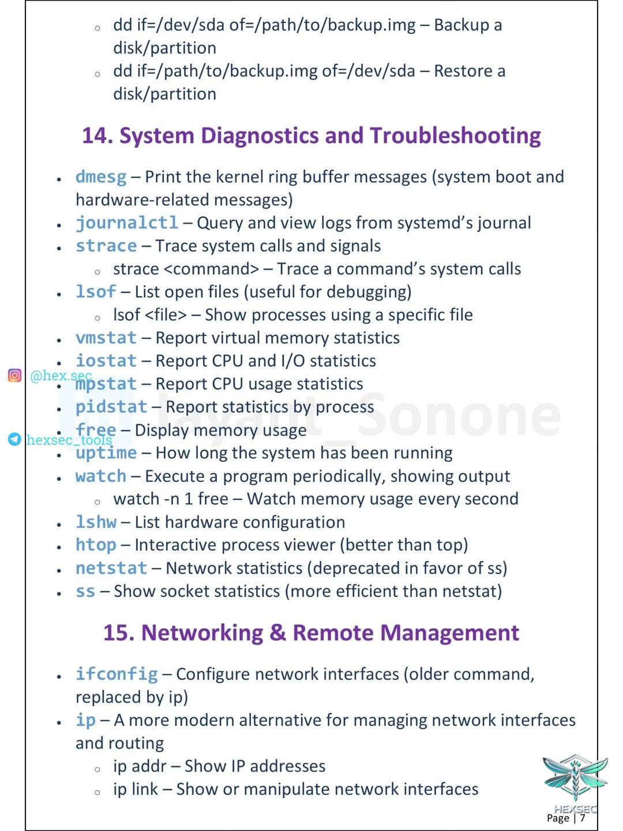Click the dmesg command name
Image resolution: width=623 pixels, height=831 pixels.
point(101,177)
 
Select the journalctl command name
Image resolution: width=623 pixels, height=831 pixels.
point(127,223)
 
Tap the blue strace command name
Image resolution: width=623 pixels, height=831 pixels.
point(106,246)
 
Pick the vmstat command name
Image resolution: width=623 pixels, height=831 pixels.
point(106,338)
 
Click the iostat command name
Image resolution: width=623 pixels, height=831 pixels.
point(106,361)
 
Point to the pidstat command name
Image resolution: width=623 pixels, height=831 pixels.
point(111,407)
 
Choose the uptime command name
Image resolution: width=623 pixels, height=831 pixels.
point(106,453)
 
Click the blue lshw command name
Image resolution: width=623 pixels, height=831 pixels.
point(96,522)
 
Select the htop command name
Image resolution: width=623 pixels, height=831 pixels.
point(96,545)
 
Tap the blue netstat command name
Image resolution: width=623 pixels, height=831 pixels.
point(111,568)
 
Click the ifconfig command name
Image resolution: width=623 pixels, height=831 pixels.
point(117,674)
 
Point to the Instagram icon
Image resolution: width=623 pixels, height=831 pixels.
point(14,376)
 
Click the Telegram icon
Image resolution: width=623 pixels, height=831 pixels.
point(14,440)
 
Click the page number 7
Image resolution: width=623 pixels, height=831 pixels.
point(583,818)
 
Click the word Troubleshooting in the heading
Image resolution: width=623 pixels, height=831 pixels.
point(455,136)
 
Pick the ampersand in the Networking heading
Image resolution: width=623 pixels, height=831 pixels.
point(277,633)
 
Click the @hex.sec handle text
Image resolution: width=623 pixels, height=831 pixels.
point(61,376)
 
